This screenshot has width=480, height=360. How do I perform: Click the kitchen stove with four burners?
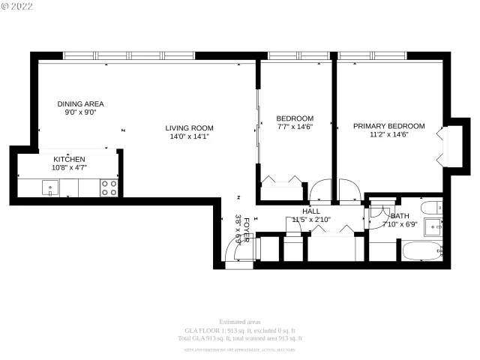coord(109,187)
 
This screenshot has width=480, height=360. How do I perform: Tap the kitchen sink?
coord(50,188)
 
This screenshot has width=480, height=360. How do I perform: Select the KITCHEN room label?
coord(69,160)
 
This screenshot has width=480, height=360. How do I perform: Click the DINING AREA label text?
coord(80,103)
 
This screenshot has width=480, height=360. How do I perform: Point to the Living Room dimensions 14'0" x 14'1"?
coord(190,136)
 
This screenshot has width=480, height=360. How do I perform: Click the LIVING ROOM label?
coord(190,127)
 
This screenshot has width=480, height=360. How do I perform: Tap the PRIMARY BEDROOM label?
coord(388,126)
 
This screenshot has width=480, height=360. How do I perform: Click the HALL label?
coord(311,211)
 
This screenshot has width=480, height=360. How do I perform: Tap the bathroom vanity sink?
coord(433,226)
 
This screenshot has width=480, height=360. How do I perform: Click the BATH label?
coord(400,216)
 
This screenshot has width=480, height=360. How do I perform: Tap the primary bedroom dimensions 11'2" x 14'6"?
coord(388,135)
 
